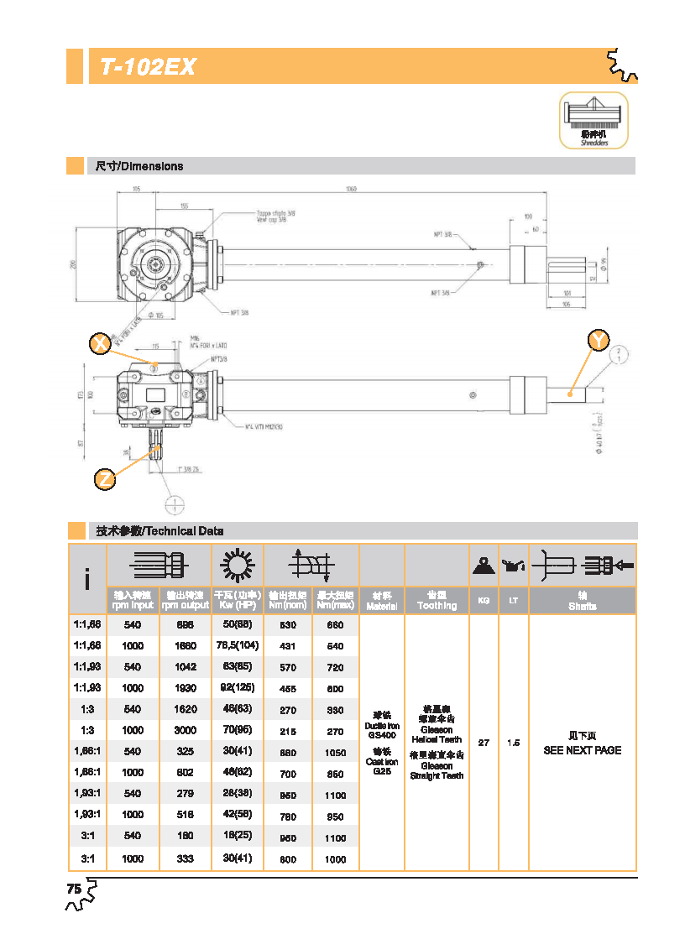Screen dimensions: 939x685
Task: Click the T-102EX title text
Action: tap(148, 67)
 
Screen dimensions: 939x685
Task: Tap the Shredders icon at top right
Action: tap(593, 120)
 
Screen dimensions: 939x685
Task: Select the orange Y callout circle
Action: tap(599, 340)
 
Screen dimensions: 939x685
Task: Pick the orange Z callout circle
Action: tap(105, 479)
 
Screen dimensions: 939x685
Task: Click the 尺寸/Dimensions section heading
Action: tap(139, 166)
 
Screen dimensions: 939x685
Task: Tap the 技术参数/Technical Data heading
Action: tap(159, 531)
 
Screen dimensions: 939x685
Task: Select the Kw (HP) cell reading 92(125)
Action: tap(236, 688)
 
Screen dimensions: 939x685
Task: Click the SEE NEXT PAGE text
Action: tap(583, 750)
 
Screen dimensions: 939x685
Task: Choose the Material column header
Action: tap(382, 601)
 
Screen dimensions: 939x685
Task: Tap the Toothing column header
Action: tap(437, 601)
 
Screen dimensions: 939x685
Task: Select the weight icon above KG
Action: tap(484, 566)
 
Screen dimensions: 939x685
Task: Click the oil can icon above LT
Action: tap(512, 567)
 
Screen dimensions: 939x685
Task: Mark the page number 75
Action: tap(74, 889)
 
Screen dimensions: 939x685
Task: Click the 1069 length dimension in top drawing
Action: tap(351, 190)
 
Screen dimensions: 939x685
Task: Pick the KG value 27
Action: tap(484, 743)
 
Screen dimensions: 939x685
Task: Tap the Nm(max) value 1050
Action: tap(335, 752)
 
